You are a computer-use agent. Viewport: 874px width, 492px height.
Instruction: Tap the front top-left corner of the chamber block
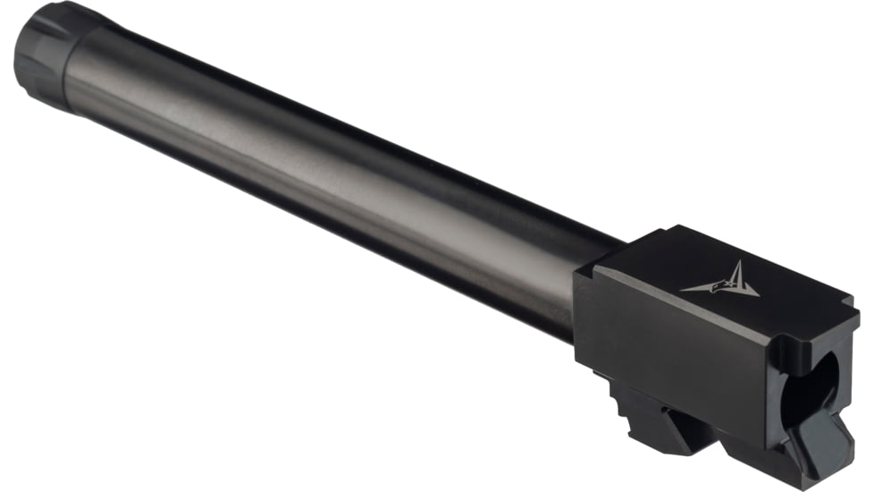[580, 272]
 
